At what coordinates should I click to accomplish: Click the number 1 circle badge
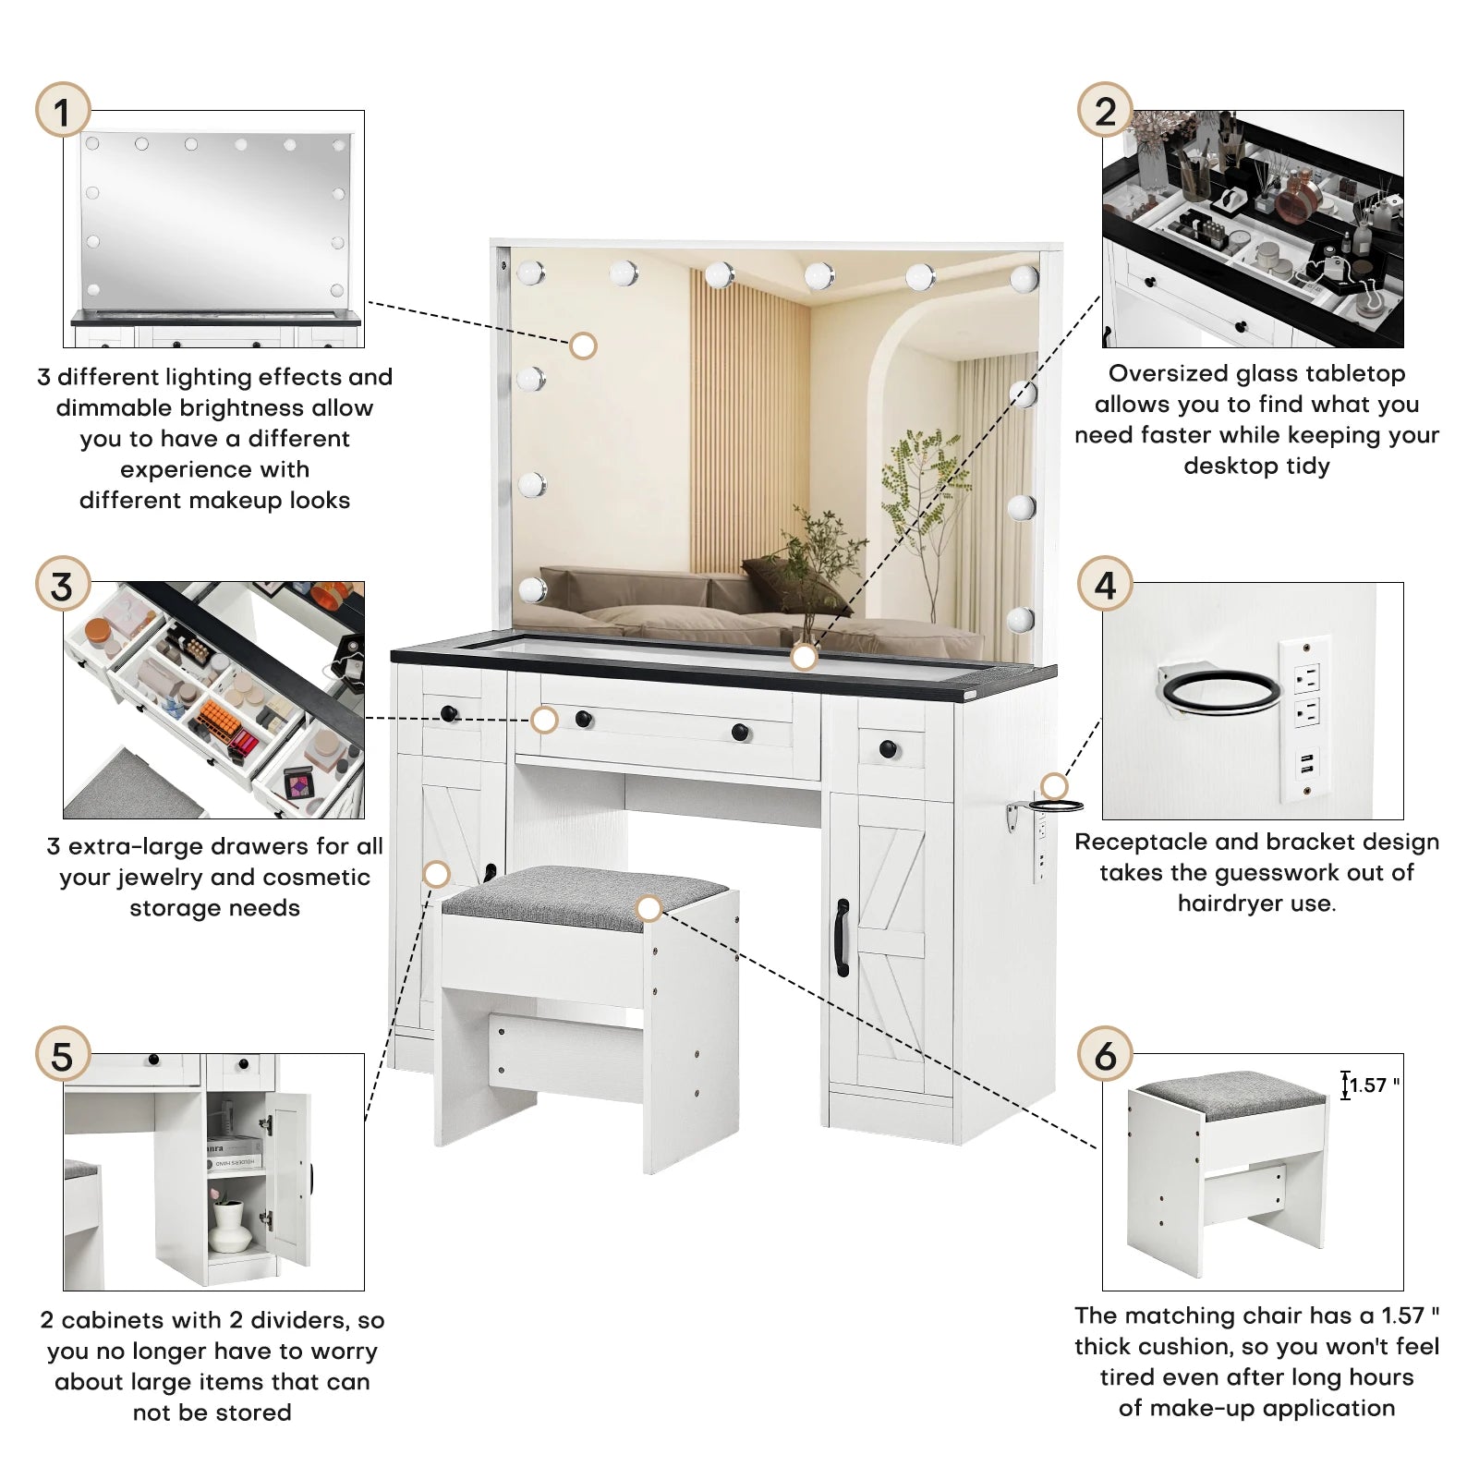(x=62, y=111)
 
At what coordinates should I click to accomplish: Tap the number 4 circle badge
(x=1105, y=584)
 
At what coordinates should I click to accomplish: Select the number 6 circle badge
(x=1105, y=1055)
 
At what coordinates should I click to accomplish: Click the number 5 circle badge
(x=62, y=1055)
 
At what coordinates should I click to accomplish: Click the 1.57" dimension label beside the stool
(x=1374, y=1085)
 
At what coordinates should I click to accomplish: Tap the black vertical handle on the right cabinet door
(x=842, y=938)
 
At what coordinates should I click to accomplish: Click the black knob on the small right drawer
(x=889, y=749)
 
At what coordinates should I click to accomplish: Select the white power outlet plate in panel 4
(x=1305, y=717)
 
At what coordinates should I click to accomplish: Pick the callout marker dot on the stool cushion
(x=649, y=909)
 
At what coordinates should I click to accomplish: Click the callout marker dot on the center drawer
(x=545, y=720)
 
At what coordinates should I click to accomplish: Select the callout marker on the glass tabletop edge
(x=804, y=657)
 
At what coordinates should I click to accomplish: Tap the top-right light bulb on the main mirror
(x=1024, y=277)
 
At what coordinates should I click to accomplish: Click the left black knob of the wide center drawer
(x=584, y=719)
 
